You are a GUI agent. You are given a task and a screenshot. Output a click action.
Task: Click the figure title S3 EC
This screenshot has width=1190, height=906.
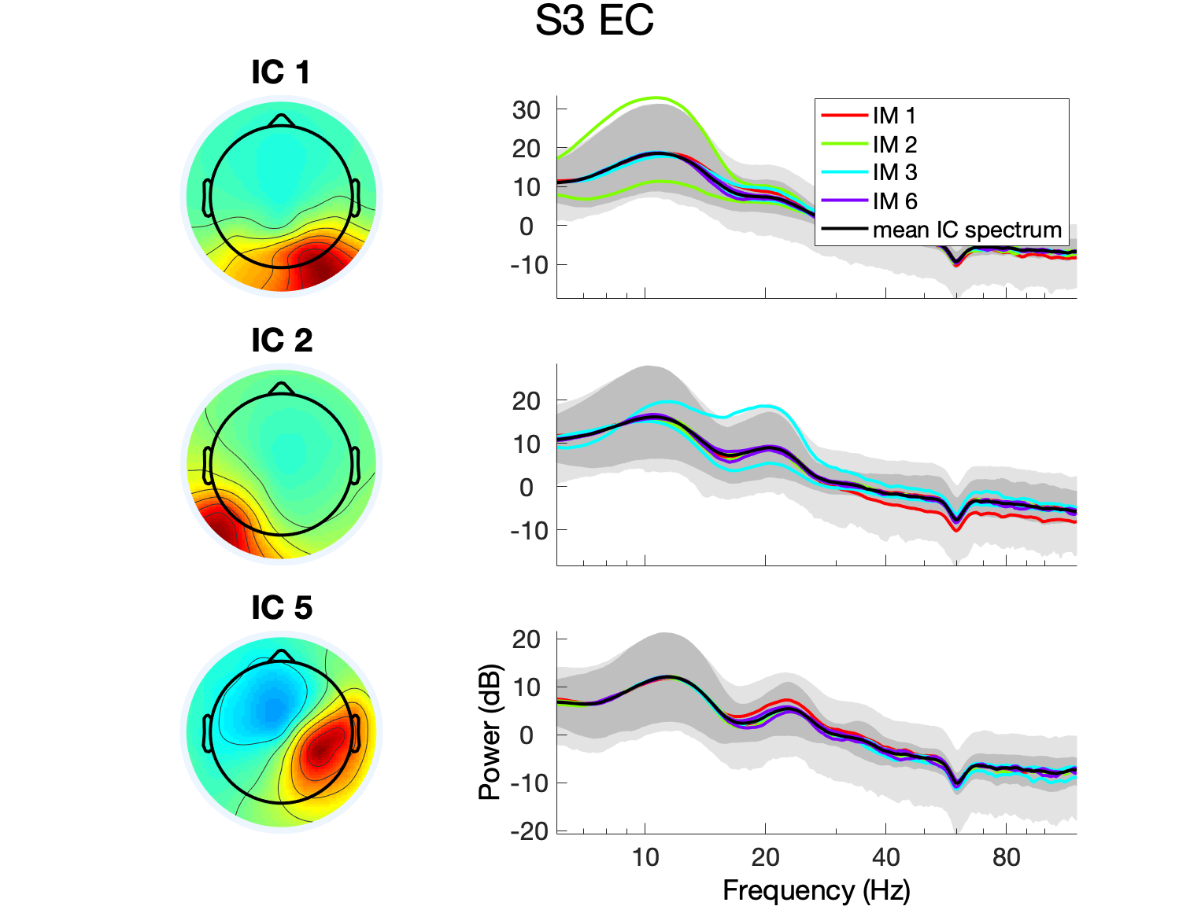tap(594, 21)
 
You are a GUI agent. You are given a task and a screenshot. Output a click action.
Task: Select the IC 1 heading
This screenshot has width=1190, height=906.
tap(281, 72)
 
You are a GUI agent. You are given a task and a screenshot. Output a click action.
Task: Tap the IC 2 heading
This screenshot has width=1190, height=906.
tap(282, 341)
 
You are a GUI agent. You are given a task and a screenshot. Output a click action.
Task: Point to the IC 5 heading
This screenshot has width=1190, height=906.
tap(282, 608)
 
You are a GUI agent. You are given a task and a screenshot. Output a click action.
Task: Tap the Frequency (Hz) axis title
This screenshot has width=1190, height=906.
tap(816, 890)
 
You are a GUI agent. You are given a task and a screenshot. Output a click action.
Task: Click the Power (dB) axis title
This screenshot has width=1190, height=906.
tap(490, 732)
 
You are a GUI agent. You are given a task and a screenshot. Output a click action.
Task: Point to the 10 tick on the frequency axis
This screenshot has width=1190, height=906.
tap(645, 857)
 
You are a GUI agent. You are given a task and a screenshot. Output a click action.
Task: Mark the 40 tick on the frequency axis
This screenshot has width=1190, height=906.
tap(885, 857)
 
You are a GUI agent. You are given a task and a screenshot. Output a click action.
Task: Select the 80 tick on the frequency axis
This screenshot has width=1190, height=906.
tap(1006, 857)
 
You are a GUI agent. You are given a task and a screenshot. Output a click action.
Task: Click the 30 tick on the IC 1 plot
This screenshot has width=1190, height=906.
tap(526, 110)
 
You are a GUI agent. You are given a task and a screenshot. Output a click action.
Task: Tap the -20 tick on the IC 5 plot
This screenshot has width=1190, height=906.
tap(529, 830)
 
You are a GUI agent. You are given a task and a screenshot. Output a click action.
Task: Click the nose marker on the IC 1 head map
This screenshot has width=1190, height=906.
tap(281, 120)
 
